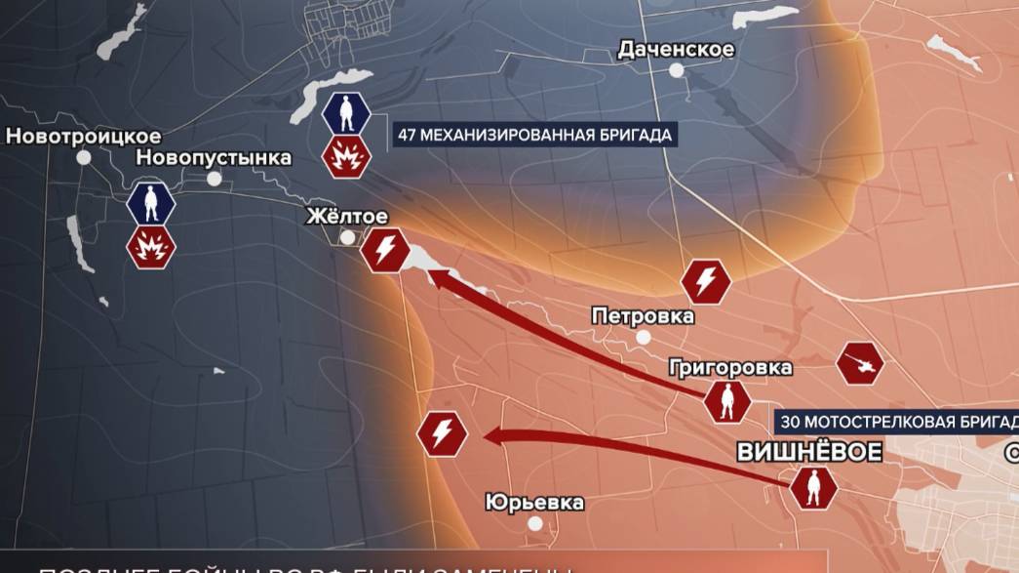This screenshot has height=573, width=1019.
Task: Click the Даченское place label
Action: click(x=676, y=49)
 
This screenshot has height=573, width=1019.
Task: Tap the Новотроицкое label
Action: click(x=83, y=136)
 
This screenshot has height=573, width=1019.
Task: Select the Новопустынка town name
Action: click(x=214, y=157)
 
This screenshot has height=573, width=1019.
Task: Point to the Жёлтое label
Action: click(x=347, y=216)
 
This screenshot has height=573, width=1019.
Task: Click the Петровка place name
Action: click(x=643, y=315)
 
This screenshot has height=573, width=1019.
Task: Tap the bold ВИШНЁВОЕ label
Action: click(x=809, y=452)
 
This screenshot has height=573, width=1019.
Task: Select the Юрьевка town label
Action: click(x=534, y=503)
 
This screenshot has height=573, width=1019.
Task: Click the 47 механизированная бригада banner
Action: click(x=534, y=136)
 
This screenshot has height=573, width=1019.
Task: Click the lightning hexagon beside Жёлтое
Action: click(x=385, y=250)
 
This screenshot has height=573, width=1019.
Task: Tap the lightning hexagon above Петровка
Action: click(x=705, y=281)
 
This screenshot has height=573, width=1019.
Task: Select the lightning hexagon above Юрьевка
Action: click(x=442, y=433)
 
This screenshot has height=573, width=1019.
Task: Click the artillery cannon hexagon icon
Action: click(x=860, y=363)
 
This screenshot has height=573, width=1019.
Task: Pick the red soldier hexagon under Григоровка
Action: click(x=726, y=401)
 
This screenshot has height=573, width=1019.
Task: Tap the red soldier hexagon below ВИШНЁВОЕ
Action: click(x=812, y=487)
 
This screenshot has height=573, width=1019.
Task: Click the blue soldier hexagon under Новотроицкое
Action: click(x=151, y=203)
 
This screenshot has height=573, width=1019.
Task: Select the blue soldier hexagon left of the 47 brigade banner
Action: click(x=346, y=113)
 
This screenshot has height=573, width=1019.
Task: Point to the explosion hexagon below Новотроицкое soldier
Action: click(x=151, y=248)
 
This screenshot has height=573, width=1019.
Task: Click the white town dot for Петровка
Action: click(x=644, y=337)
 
